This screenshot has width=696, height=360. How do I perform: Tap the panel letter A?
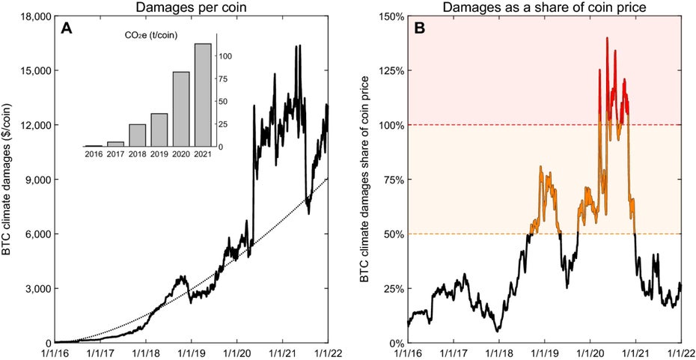(65, 31)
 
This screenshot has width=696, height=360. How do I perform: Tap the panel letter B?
(419, 30)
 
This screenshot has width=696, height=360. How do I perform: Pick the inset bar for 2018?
(138, 135)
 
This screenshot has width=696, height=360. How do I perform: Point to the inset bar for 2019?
(159, 129)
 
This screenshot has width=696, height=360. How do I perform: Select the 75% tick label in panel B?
(390, 180)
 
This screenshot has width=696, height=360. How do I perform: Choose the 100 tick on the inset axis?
(228, 56)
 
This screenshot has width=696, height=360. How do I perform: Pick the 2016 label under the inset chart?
(94, 155)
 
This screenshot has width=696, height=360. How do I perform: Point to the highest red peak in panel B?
(607, 37)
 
